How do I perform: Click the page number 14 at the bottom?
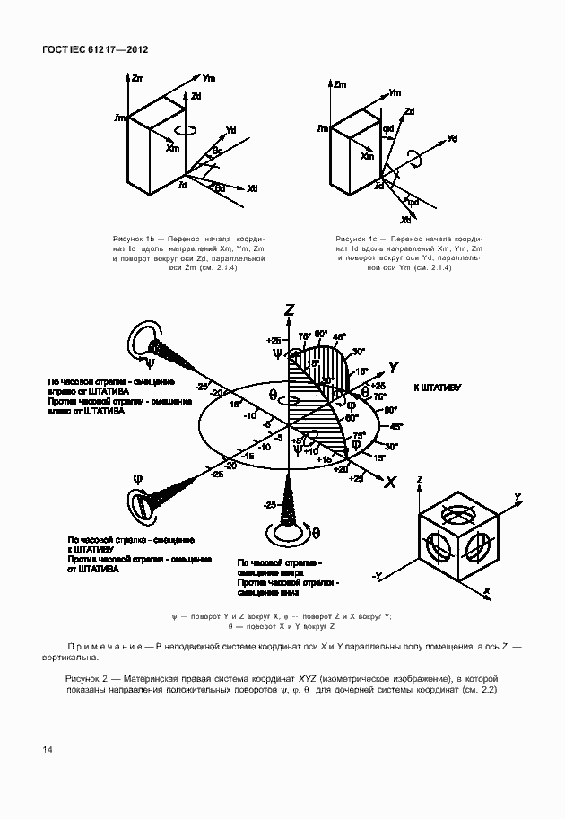(46, 749)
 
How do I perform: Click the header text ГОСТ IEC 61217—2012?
(94, 50)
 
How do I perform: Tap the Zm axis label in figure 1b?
(138, 79)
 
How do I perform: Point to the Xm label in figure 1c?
(367, 156)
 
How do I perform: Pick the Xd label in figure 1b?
(253, 189)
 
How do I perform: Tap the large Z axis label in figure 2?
(289, 310)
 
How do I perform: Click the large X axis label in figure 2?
(389, 483)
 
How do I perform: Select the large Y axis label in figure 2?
(393, 366)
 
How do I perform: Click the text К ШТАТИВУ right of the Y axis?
(437, 388)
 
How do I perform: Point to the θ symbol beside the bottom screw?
(317, 532)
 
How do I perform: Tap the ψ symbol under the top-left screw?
(150, 363)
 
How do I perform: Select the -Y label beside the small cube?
(378, 574)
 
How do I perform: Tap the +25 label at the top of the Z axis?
(274, 340)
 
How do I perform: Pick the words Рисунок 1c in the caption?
(354, 239)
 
